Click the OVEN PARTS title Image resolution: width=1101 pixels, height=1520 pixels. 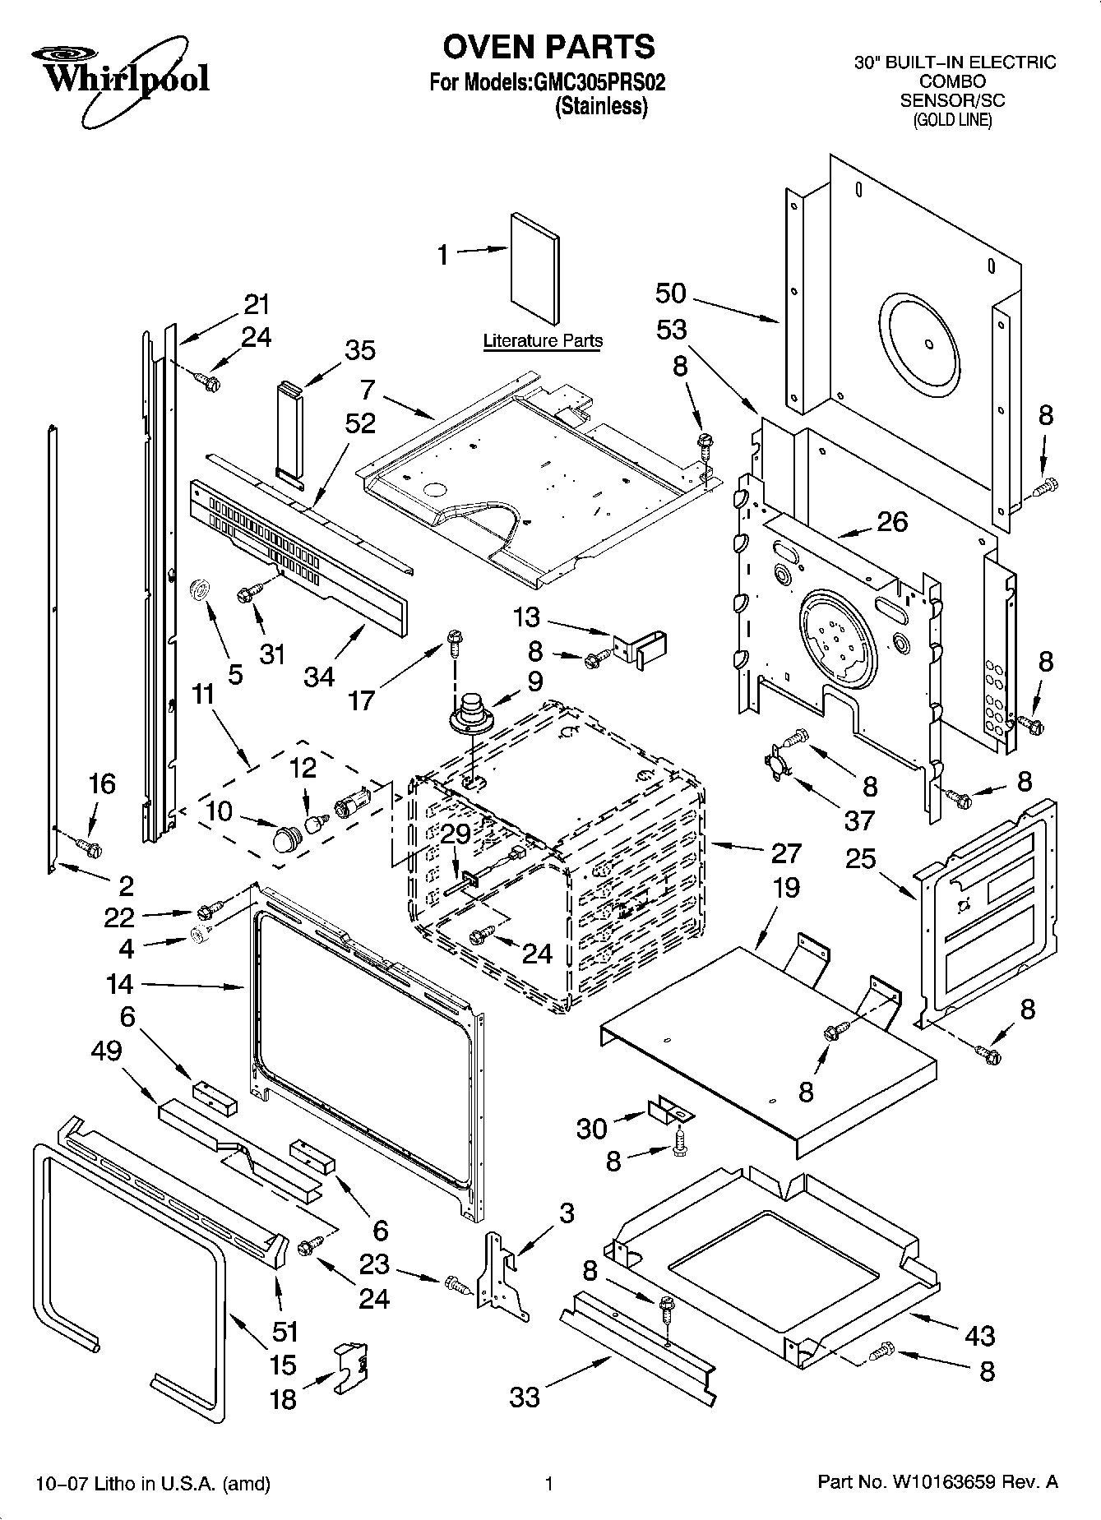coord(549,47)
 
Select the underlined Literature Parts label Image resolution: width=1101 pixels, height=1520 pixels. coord(543,340)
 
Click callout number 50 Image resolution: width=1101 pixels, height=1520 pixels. coord(671,293)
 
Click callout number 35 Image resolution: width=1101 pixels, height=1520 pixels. coord(359,349)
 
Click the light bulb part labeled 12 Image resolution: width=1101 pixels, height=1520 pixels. coord(313,822)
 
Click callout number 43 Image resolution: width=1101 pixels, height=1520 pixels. coord(979,1335)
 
